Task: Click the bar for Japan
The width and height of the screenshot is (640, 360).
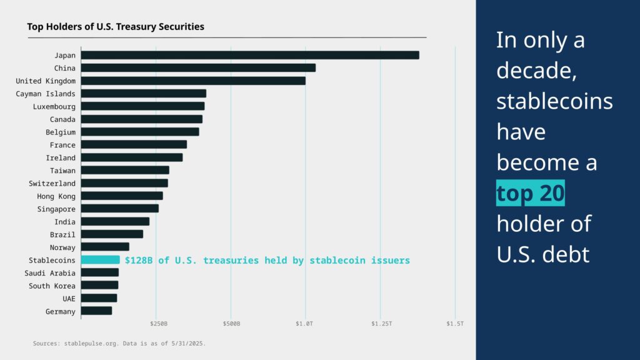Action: (250, 55)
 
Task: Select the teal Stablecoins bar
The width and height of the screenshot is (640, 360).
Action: (100, 260)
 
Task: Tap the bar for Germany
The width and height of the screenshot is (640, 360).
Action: (96, 311)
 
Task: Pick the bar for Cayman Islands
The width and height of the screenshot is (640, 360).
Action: (143, 94)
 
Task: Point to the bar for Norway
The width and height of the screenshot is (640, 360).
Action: (105, 247)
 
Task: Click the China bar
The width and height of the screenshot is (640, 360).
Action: (198, 67)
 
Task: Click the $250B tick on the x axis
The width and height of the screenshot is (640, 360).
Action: (159, 324)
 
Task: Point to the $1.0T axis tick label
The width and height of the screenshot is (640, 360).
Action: (306, 324)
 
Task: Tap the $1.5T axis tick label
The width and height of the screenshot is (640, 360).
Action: (455, 324)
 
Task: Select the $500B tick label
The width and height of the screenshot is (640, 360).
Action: (231, 324)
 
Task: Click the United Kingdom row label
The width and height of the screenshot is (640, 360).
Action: (46, 81)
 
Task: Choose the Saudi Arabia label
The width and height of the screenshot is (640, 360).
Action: (50, 273)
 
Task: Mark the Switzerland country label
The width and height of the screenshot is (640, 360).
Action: (52, 183)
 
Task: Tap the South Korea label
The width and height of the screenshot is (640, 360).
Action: (52, 286)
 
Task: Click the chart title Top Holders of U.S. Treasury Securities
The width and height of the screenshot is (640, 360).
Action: (116, 27)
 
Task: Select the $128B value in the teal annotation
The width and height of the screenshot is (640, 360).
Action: (139, 260)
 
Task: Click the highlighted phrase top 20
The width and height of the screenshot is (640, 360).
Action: (531, 194)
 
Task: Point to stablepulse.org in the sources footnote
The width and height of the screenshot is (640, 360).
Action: (77, 343)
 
